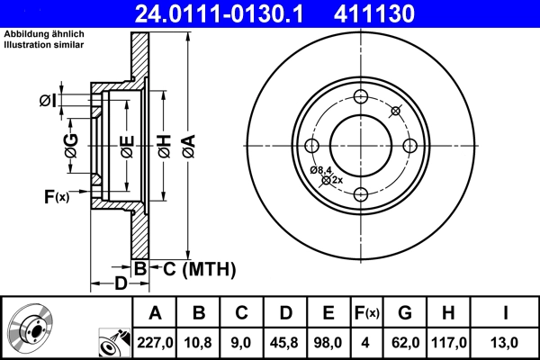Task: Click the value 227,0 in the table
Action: [x=156, y=341]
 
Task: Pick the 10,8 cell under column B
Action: [x=199, y=341]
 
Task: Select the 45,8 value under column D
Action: [x=285, y=341]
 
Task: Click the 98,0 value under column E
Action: [x=328, y=341]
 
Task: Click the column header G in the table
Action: [x=404, y=312]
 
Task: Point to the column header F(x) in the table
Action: [x=366, y=312]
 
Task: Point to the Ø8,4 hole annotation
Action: [x=321, y=170]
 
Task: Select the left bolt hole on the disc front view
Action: [x=312, y=146]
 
